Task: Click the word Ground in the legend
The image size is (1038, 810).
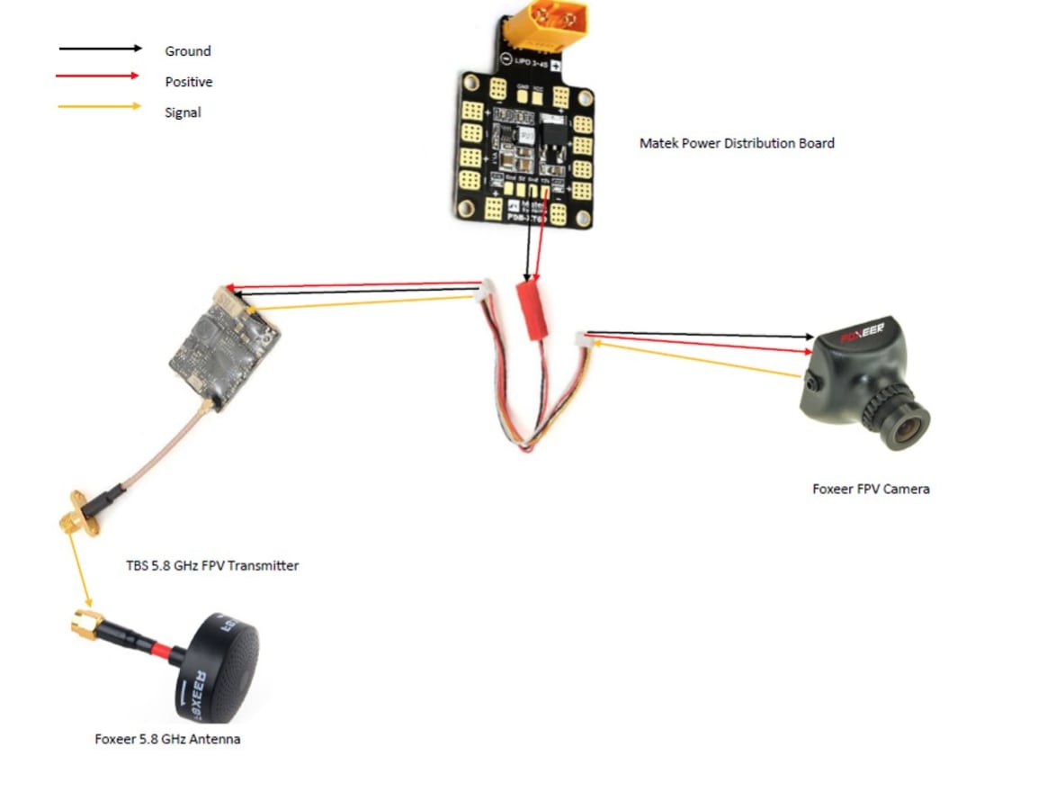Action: (x=187, y=51)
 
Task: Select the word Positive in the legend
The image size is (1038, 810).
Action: (x=188, y=82)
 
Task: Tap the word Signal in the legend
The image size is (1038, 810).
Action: (x=183, y=112)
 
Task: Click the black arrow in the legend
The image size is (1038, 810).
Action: (x=100, y=49)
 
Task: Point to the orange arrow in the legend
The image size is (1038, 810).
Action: (x=100, y=107)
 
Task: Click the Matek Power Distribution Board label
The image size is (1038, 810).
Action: (x=737, y=143)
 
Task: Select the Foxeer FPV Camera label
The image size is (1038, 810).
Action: (x=871, y=489)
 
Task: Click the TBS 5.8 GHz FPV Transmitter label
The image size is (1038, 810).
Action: (x=212, y=566)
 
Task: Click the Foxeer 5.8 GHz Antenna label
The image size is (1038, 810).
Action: (x=167, y=739)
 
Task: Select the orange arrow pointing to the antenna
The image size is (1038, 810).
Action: (x=80, y=567)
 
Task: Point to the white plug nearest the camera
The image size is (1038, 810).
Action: (x=582, y=339)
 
